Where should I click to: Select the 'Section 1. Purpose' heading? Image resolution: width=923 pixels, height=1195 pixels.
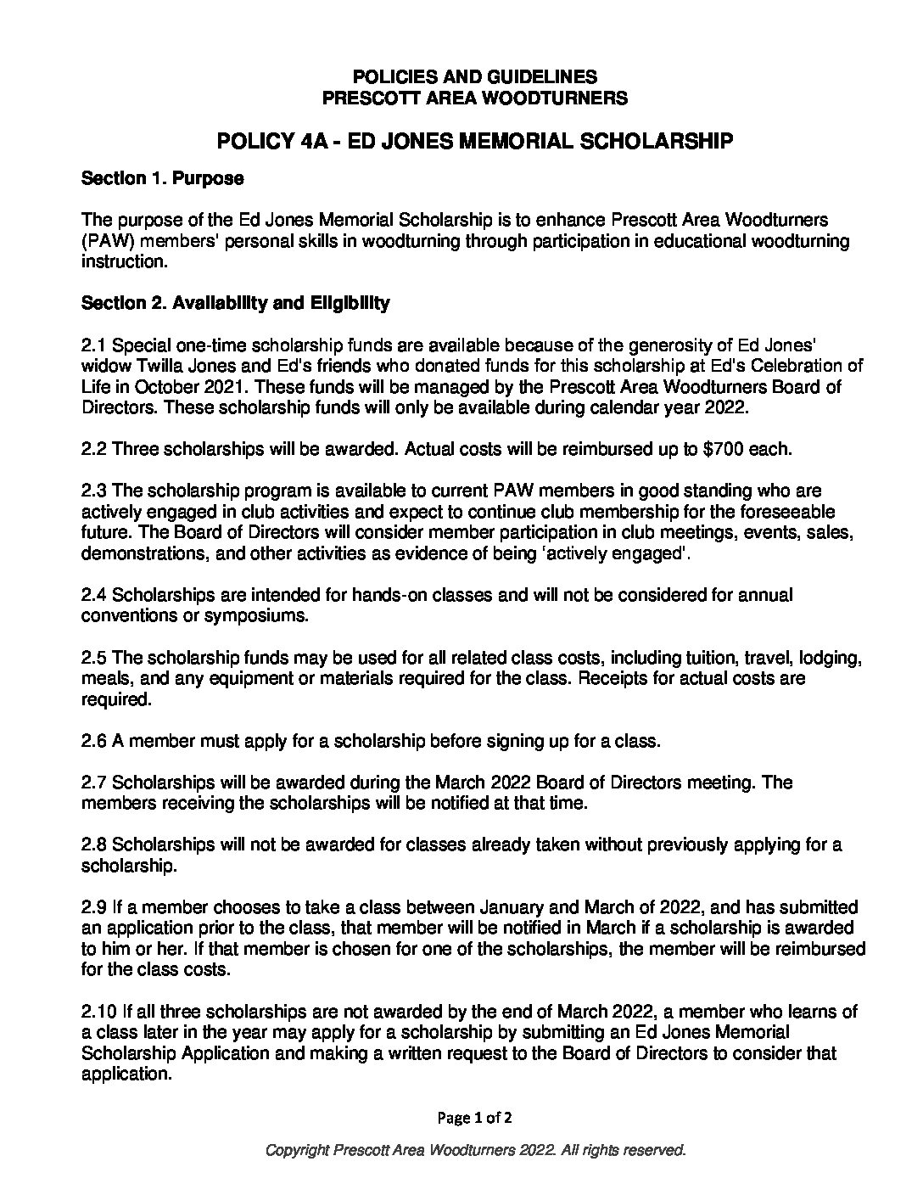coord(162,179)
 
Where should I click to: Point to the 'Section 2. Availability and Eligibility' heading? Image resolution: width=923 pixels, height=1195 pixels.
coord(235,303)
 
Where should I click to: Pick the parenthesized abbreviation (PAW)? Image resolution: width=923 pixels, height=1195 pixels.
coord(109,241)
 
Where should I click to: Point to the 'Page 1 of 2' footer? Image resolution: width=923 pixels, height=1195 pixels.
coord(474,1118)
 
